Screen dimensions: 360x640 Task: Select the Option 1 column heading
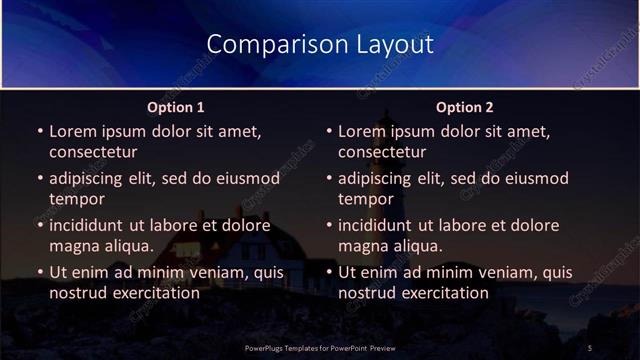[x=176, y=107]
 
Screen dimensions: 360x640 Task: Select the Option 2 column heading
[x=465, y=107]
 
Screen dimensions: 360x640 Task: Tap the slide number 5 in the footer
[x=590, y=347]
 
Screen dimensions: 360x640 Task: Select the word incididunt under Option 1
[x=93, y=225]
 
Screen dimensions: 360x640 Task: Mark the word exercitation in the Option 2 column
[x=442, y=293]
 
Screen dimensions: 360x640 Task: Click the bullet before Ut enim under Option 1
[x=39, y=273]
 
